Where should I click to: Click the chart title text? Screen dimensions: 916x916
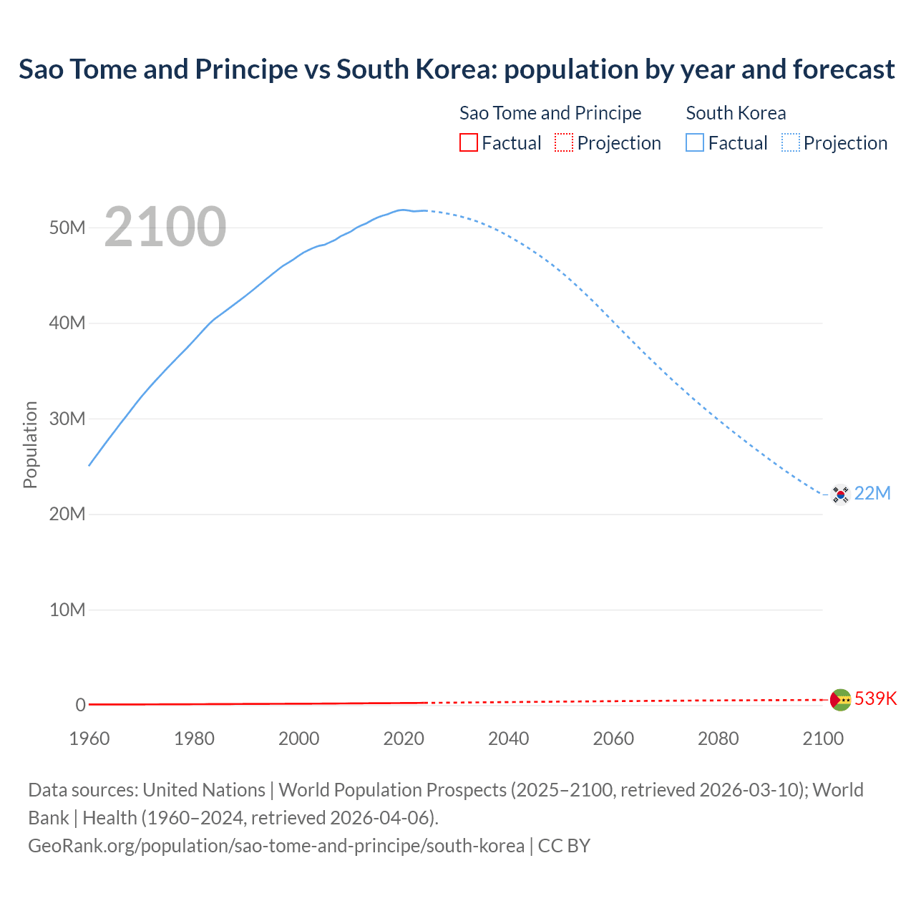pyautogui.click(x=457, y=69)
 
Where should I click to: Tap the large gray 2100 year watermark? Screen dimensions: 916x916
pyautogui.click(x=165, y=227)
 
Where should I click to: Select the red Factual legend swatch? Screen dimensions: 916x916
pyautogui.click(x=468, y=142)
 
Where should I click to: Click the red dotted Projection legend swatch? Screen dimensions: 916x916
pyautogui.click(x=564, y=142)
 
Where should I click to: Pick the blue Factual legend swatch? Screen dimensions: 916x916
pyautogui.click(x=695, y=142)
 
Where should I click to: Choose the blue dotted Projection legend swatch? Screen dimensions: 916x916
pyautogui.click(x=791, y=142)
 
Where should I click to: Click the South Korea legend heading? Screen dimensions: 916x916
pyautogui.click(x=736, y=113)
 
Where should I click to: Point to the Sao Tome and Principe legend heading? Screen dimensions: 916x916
pyautogui.click(x=550, y=113)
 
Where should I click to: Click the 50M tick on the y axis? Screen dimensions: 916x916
pyautogui.click(x=67, y=228)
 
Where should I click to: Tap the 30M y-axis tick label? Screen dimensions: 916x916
pyautogui.click(x=67, y=419)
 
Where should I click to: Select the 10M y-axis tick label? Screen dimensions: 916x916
pyautogui.click(x=67, y=610)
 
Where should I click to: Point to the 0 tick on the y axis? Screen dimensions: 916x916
pyautogui.click(x=80, y=705)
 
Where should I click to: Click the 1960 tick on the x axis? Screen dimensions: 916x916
pyautogui.click(x=89, y=739)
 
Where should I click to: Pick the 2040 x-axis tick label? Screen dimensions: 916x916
pyautogui.click(x=509, y=739)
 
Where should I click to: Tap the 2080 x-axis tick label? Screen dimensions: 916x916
pyautogui.click(x=718, y=739)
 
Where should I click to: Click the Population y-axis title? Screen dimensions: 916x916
pyautogui.click(x=30, y=444)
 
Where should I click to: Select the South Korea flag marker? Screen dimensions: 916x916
pyautogui.click(x=840, y=494)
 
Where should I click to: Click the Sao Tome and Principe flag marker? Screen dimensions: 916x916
pyautogui.click(x=840, y=699)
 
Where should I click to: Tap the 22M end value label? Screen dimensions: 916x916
pyautogui.click(x=872, y=494)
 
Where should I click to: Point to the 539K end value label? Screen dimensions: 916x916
pyautogui.click(x=875, y=699)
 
